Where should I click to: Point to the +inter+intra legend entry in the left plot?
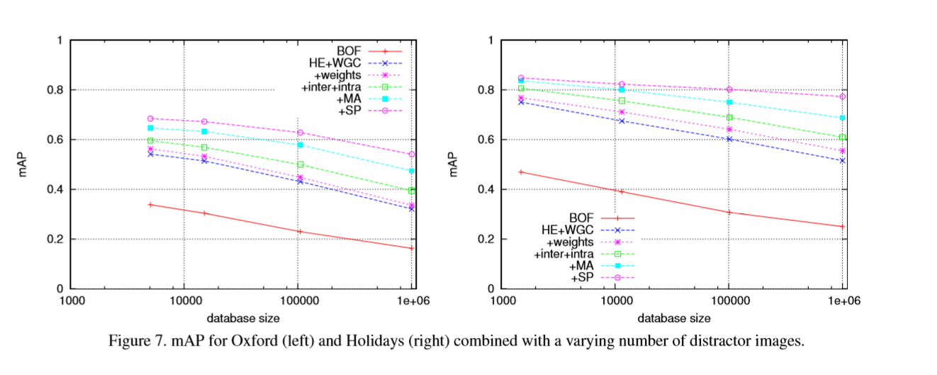coord(332,87)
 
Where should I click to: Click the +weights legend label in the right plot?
coord(574,241)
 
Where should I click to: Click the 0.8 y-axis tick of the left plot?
coord(54,90)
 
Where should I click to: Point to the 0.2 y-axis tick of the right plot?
coord(486,239)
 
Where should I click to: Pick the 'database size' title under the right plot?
coord(673,318)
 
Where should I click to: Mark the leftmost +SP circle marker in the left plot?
coord(150,118)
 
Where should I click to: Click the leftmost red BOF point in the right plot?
coord(521,172)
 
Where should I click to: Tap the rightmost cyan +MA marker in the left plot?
coord(412,171)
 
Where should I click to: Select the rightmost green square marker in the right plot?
coord(842,137)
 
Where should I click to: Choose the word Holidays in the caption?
coord(348,341)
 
